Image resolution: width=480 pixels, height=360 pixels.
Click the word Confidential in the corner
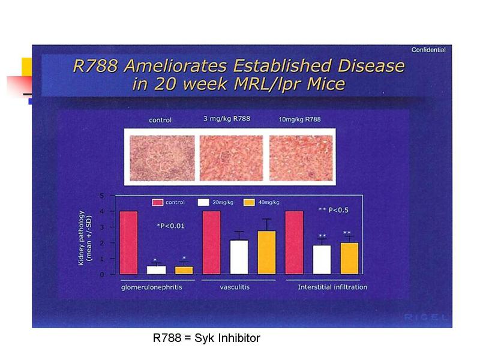428,50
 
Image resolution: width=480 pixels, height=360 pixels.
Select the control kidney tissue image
162,158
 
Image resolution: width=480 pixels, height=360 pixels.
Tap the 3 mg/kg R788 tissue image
231,158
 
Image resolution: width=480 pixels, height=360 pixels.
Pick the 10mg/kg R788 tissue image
301,158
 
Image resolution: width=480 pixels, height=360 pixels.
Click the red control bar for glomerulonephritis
128,243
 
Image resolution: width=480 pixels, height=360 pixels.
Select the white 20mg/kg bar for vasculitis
239,257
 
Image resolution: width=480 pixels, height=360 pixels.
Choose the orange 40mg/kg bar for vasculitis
266,253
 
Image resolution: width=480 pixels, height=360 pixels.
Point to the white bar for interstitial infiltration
322,260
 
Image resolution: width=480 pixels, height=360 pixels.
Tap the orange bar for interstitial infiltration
349,259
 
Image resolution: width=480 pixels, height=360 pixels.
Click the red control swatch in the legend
157,202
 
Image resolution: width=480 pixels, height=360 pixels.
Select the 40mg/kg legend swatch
249,202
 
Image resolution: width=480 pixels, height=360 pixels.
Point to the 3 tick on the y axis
103,227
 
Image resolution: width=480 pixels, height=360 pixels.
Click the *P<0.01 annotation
171,226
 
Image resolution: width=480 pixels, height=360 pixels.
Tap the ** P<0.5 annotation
334,210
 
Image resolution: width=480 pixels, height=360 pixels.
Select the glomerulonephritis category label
152,287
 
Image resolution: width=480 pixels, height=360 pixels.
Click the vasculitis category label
235,287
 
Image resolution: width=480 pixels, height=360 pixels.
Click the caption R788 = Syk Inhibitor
206,338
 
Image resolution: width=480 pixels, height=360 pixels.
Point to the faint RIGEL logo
425,317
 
